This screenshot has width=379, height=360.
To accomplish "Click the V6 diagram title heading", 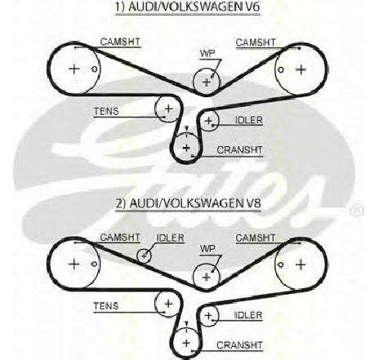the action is coord(188,7).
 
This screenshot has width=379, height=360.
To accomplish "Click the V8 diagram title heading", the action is coord(189,203).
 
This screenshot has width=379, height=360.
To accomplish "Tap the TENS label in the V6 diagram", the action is coord(106,111).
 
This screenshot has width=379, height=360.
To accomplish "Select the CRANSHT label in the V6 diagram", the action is coord(239,149).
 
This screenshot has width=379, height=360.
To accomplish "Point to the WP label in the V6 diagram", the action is coord(207,53).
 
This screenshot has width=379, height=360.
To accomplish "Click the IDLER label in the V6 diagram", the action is coord(248,120).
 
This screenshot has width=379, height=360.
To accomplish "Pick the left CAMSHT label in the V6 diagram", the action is coord(120,42).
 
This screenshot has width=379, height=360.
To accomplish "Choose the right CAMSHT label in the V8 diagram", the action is coord(256,238).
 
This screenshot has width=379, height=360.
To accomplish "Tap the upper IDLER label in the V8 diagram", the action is coord(170,238).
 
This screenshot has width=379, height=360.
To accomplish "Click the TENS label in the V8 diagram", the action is coord(106,306).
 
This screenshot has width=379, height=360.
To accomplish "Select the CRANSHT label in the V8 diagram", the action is coord(239,345).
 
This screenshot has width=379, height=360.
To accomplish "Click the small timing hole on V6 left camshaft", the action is coord(94,69).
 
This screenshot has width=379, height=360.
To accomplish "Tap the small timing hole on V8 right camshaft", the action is coord(281,264).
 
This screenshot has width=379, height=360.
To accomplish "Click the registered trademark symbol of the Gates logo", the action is coord(357,210).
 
